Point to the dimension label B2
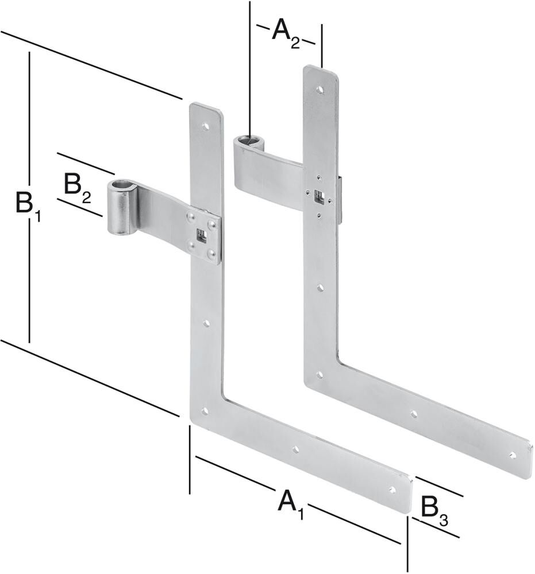click(76, 188)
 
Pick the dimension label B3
click(434, 510)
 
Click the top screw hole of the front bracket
click(205, 123)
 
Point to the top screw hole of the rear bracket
click(320, 90)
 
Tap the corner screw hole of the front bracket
click(205, 411)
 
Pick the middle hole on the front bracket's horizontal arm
click(295, 450)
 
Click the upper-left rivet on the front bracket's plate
click(190, 216)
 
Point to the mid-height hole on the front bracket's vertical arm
click(205, 324)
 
